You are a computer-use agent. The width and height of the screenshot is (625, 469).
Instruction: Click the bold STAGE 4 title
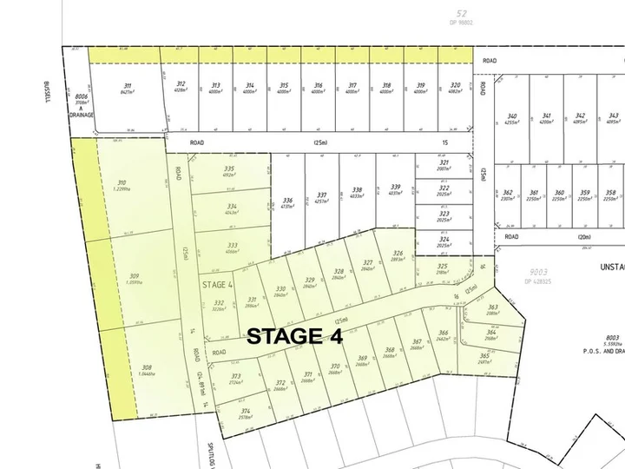(296, 336)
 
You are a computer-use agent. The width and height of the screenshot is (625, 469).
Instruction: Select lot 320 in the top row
(455, 85)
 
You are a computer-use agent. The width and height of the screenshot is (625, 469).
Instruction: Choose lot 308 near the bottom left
(147, 367)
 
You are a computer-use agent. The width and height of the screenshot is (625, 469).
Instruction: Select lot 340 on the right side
(512, 116)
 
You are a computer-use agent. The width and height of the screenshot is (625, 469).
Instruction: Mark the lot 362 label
(508, 192)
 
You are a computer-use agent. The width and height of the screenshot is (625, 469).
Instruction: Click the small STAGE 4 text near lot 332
(218, 284)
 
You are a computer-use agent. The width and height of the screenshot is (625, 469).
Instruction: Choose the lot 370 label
(335, 367)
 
